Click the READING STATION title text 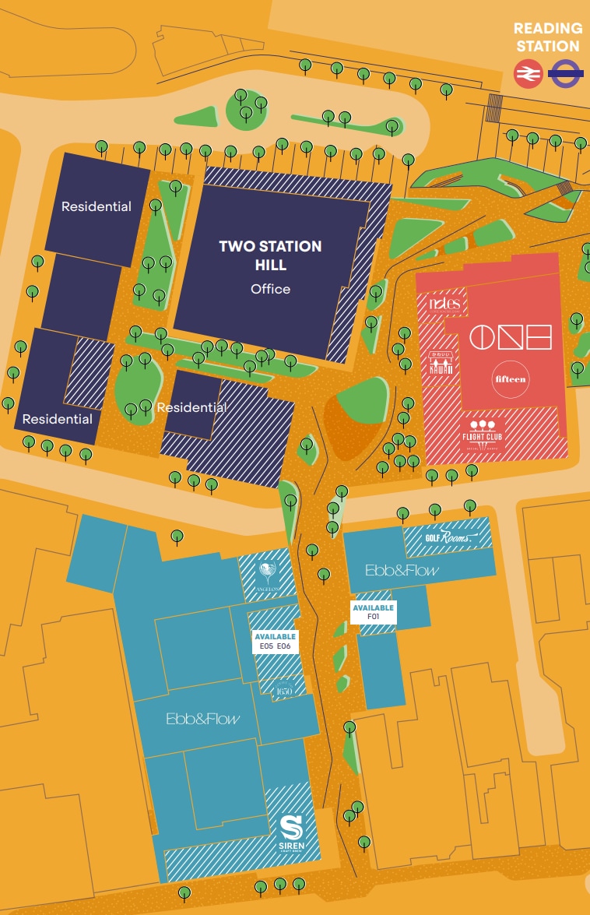tap(547, 37)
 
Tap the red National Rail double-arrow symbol tap(529, 75)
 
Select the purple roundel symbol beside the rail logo tap(564, 75)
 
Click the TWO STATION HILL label tap(270, 255)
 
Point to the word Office tap(270, 289)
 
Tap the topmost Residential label tap(97, 207)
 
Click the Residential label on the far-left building tap(57, 419)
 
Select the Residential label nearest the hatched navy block tap(191, 407)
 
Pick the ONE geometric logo tap(511, 337)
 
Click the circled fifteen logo tap(511, 379)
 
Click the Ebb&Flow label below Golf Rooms tap(402, 570)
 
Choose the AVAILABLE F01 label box tap(374, 612)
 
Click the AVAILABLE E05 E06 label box tap(275, 641)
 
